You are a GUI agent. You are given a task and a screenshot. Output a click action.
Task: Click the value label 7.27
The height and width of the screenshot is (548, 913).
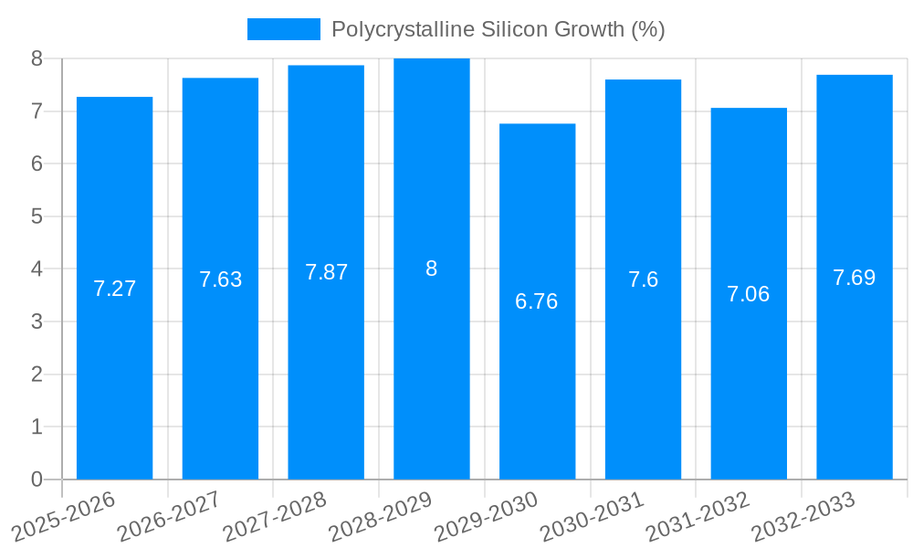[114, 289]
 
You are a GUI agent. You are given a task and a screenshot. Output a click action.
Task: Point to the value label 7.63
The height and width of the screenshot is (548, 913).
[220, 279]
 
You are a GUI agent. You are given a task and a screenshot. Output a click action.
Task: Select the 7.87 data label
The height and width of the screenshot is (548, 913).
[326, 272]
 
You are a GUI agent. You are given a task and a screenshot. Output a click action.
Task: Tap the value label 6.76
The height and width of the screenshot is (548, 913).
[537, 301]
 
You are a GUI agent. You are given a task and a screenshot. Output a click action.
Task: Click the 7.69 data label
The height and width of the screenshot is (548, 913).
[855, 278]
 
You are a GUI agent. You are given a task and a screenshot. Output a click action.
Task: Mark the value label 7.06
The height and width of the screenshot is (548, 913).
[749, 294]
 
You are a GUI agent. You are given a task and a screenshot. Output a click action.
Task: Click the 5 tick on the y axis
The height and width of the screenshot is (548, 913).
[37, 216]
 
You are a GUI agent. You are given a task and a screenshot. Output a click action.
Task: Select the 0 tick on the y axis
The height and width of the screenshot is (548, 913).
[37, 479]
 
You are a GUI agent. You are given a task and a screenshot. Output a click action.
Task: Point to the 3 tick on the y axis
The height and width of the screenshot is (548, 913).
[37, 321]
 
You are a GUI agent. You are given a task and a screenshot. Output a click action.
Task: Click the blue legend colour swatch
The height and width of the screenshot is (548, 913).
[283, 29]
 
